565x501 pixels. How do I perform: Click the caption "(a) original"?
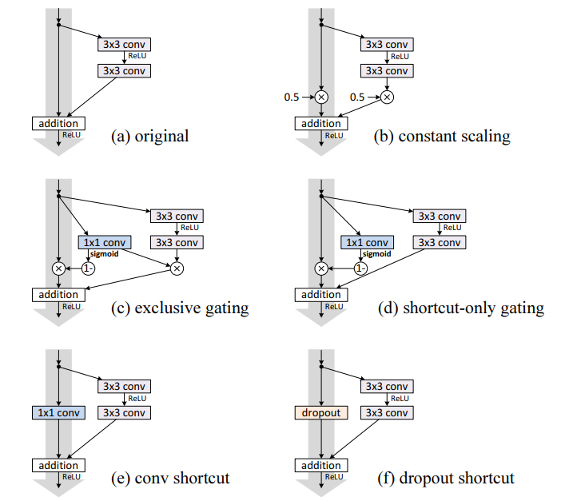pyautogui.click(x=149, y=136)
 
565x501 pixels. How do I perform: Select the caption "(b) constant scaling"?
pyautogui.click(x=441, y=136)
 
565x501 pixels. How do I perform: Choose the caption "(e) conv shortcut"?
pyautogui.click(x=170, y=479)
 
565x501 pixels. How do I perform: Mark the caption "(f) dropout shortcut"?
pyautogui.click(x=446, y=479)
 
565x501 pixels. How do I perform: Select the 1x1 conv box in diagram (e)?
pyautogui.click(x=58, y=413)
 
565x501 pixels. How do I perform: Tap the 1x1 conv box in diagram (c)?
pyautogui.click(x=105, y=242)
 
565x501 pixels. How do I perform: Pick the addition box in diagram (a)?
pyautogui.click(x=58, y=124)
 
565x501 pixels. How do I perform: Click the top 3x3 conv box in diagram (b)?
pyautogui.click(x=388, y=45)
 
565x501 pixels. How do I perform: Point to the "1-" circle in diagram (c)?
pyautogui.click(x=88, y=268)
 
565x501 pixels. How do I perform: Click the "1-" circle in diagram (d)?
pyautogui.click(x=360, y=268)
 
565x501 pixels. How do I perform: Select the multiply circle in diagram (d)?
pyautogui.click(x=320, y=268)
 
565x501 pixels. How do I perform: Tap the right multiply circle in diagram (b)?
pyautogui.click(x=387, y=97)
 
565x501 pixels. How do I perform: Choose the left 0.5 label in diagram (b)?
pyautogui.click(x=292, y=97)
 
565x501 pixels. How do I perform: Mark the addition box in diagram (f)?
pyautogui.click(x=320, y=466)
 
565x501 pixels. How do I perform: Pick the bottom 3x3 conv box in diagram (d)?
pyautogui.click(x=439, y=242)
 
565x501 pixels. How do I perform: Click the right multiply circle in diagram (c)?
pyautogui.click(x=177, y=268)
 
